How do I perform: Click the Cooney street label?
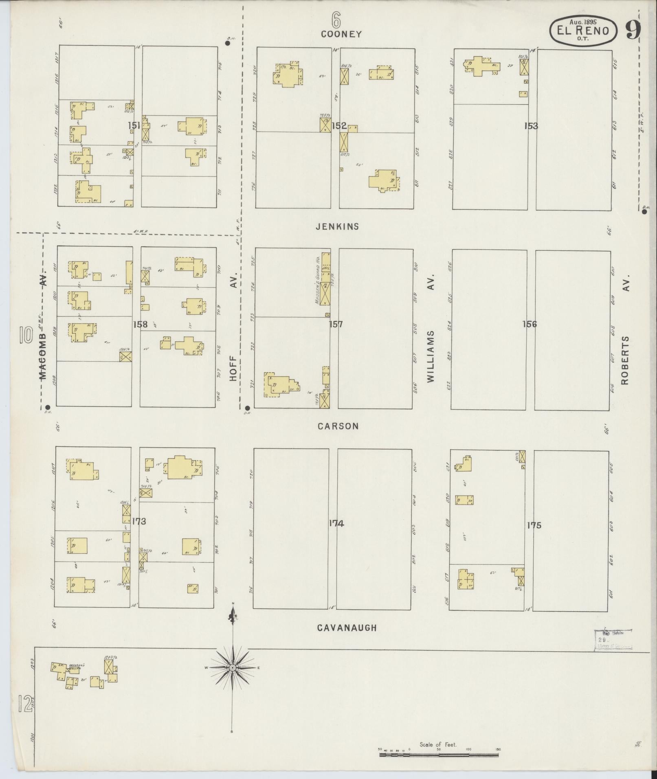click(x=341, y=34)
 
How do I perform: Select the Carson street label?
click(x=338, y=426)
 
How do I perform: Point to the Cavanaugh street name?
click(x=347, y=628)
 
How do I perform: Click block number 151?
click(x=134, y=125)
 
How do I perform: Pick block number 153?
click(x=531, y=126)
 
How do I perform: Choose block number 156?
click(x=530, y=324)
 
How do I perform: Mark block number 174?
click(x=336, y=523)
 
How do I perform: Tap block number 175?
click(x=534, y=525)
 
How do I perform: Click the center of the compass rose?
click(x=232, y=668)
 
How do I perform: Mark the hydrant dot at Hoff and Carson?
click(x=247, y=408)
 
